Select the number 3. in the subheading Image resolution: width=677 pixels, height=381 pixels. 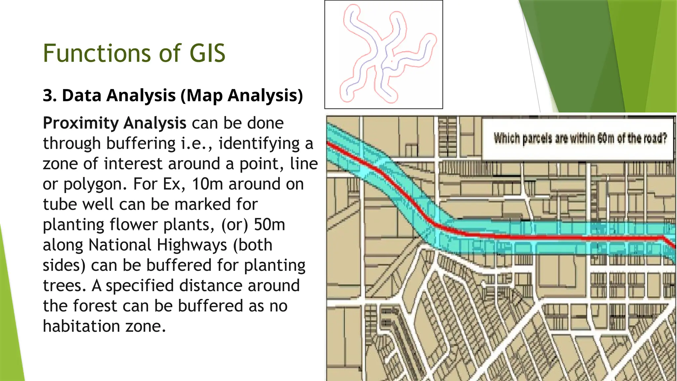(50, 96)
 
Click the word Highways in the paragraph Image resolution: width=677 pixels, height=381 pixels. (192, 245)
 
